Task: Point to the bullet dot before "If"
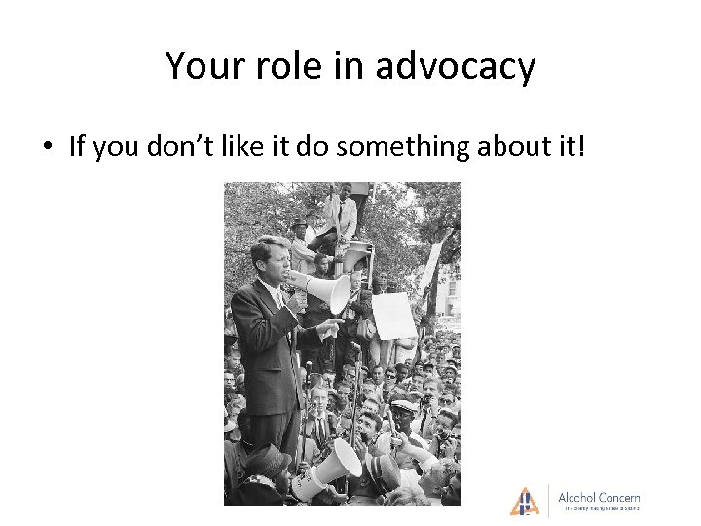coord(46,148)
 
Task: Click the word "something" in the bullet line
coord(410,147)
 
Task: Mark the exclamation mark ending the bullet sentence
coord(581,147)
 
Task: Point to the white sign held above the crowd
coord(394,315)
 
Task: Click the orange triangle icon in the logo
coord(525,501)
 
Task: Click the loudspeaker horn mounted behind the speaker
coord(356,255)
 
